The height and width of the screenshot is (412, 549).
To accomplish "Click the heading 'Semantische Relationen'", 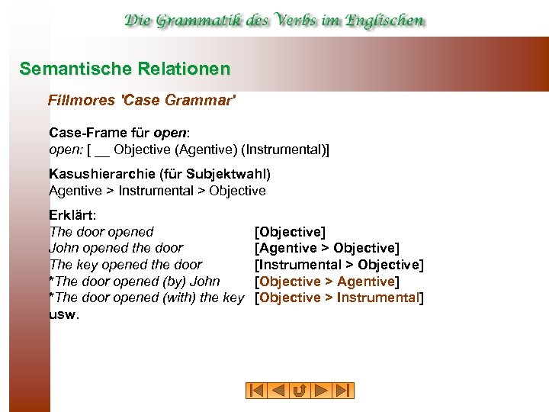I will pyautogui.click(x=124, y=69).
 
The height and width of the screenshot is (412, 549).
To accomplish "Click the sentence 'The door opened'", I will pyautogui.click(x=101, y=232).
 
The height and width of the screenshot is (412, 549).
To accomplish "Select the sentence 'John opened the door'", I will pyautogui.click(x=116, y=248).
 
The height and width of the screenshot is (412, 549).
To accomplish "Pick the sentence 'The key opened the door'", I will pyautogui.click(x=126, y=265).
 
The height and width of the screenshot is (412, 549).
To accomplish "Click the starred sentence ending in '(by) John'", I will pyautogui.click(x=134, y=282).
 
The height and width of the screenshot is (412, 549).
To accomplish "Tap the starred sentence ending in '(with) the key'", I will pyautogui.click(x=146, y=298).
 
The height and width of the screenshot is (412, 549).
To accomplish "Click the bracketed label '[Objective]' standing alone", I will pyautogui.click(x=290, y=232).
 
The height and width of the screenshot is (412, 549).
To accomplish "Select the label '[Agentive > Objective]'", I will pyautogui.click(x=327, y=248).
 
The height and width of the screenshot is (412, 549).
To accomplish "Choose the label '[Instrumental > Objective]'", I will pyautogui.click(x=339, y=265).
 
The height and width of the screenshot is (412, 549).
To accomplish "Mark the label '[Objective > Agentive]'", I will pyautogui.click(x=327, y=282).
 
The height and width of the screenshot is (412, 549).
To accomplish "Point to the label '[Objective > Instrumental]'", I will pyautogui.click(x=339, y=298).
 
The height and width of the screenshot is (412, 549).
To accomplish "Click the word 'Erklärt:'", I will pyautogui.click(x=72, y=215).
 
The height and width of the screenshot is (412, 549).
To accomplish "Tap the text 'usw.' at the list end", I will pyautogui.click(x=63, y=314).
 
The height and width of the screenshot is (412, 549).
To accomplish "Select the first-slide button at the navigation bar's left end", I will pyautogui.click(x=255, y=391).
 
